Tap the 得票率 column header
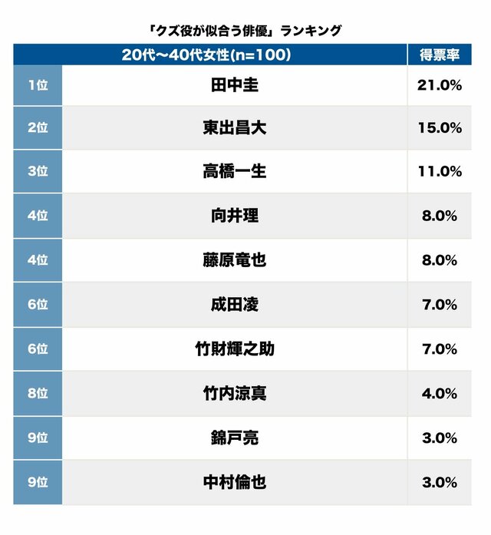439,54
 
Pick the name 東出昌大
234,128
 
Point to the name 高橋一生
234,171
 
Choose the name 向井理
234,216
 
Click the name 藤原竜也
234,260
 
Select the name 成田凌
234,305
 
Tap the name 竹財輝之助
234,349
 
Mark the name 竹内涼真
234,394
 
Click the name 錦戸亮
234,438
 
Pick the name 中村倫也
234,483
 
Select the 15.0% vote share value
440,128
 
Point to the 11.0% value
440,171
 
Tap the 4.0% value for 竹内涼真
440,394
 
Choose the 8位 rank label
38,394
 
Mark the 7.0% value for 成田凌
440,305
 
